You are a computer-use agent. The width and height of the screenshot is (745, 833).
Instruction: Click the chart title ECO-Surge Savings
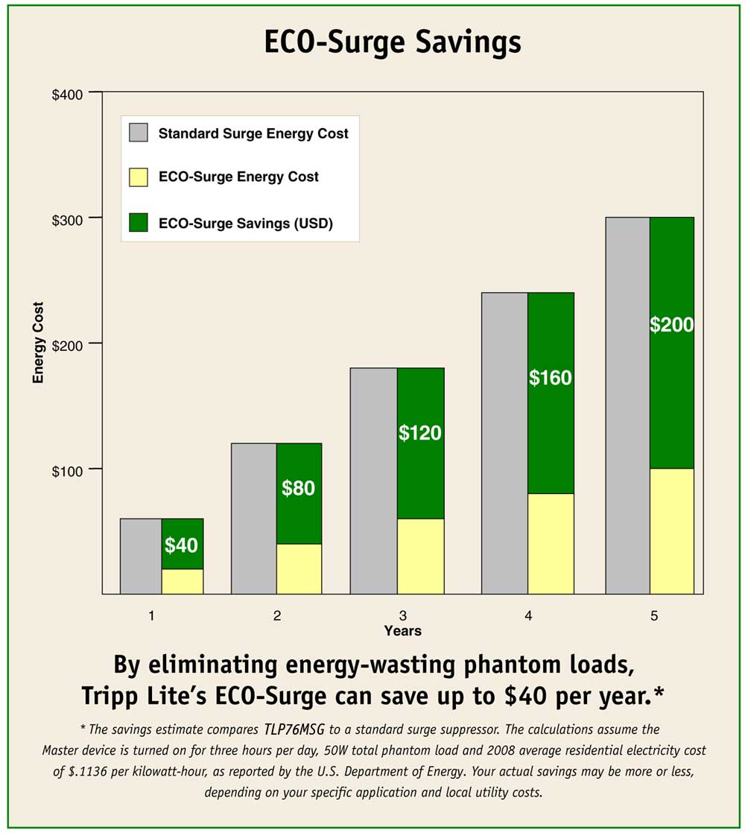(x=393, y=43)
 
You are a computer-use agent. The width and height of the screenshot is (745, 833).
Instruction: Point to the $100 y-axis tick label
(x=69, y=469)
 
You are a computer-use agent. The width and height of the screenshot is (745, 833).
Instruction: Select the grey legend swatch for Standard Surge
(x=139, y=133)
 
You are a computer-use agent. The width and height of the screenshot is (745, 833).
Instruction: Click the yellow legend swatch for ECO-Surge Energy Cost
(x=139, y=177)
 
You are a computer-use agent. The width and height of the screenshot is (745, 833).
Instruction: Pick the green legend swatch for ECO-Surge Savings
(x=139, y=223)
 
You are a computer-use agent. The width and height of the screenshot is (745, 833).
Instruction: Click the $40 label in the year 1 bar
(x=181, y=545)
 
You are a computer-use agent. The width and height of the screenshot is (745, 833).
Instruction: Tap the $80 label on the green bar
(x=298, y=489)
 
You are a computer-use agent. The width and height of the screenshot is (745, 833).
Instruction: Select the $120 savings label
(x=420, y=433)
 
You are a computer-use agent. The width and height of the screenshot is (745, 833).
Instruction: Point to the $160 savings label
(x=550, y=378)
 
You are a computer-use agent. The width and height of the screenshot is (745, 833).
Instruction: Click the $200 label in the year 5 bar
(x=671, y=325)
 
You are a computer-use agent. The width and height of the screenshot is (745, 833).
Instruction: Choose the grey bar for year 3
(x=373, y=481)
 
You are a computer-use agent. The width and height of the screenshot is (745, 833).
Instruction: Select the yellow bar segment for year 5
(x=671, y=530)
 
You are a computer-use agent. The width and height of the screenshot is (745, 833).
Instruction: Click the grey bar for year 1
(x=141, y=556)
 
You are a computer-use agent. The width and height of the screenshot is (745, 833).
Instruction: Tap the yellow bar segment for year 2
(x=298, y=568)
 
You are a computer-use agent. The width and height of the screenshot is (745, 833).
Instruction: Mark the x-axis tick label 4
(x=527, y=615)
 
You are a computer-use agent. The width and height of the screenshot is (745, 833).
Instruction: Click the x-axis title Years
(x=402, y=631)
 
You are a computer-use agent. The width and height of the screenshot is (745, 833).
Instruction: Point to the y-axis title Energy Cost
(x=38, y=342)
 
